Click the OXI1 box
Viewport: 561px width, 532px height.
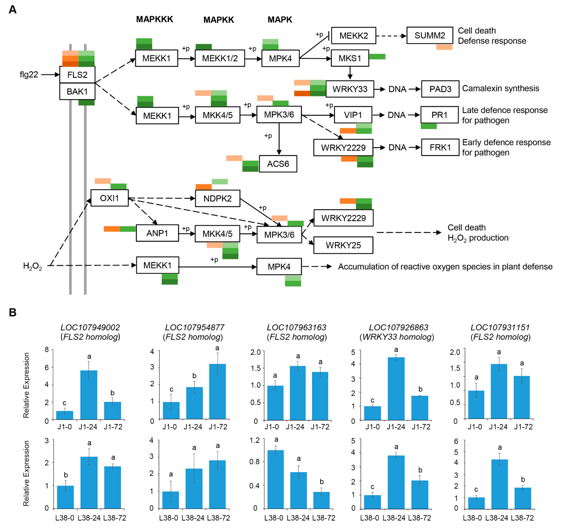(x=109, y=198)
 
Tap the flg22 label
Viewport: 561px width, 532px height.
(x=29, y=75)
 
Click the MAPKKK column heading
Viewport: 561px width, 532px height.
(x=154, y=19)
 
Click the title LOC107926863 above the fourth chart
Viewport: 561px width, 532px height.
(x=398, y=328)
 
